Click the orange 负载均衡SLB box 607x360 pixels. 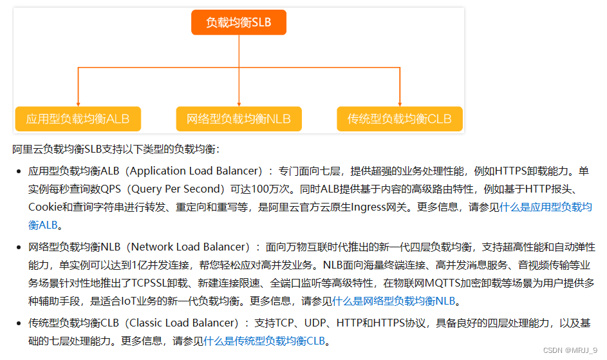click(x=239, y=23)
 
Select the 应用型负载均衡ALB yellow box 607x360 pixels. click(x=78, y=118)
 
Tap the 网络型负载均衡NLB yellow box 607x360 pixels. click(x=239, y=118)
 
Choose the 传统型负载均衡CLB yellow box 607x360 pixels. click(x=400, y=118)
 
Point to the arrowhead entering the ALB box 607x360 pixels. click(x=78, y=103)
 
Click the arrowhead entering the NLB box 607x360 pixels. click(x=239, y=103)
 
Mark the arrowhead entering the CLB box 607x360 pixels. click(x=400, y=103)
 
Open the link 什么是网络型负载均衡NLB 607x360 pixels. click(x=397, y=301)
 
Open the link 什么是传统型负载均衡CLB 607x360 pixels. click(x=265, y=341)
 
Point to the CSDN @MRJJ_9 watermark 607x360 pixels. click(x=570, y=350)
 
